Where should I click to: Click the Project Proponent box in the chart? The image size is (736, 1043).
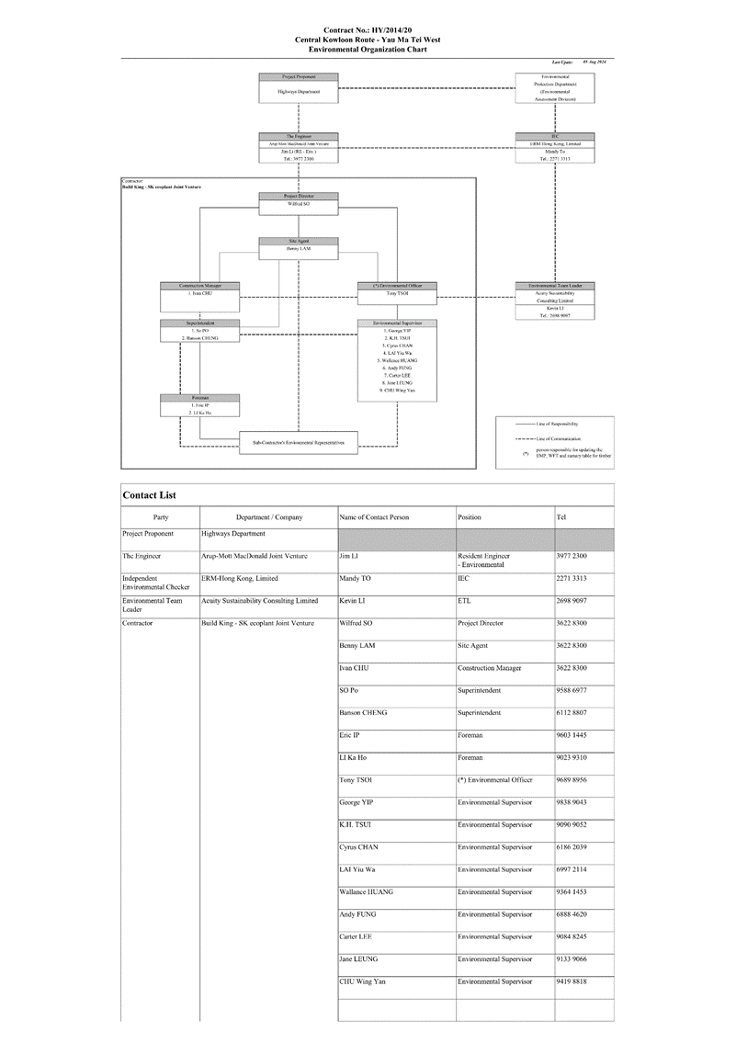[x=299, y=88]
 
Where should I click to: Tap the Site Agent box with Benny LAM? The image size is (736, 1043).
[x=299, y=245]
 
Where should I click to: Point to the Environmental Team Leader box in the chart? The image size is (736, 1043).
[x=555, y=300]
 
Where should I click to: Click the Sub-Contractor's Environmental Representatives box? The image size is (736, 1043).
[x=299, y=443]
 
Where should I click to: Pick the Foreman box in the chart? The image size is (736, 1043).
[x=200, y=405]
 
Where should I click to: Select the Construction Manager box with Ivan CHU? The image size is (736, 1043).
[x=200, y=290]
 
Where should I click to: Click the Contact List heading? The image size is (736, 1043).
[x=150, y=496]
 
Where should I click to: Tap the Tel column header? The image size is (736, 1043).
[x=561, y=517]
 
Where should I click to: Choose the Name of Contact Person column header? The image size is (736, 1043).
[x=374, y=517]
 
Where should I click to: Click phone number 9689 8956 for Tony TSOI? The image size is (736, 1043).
[x=572, y=780]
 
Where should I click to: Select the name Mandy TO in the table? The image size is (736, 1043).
[x=356, y=579]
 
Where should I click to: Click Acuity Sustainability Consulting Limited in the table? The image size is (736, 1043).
[x=260, y=601]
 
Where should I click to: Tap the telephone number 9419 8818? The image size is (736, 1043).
[x=572, y=981]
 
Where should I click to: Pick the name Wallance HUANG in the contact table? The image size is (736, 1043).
[x=366, y=892]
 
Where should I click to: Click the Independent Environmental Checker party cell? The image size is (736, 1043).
[x=156, y=583]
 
